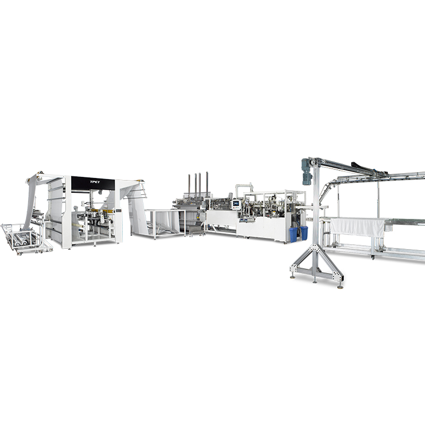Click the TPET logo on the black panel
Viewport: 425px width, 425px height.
(x=95, y=182)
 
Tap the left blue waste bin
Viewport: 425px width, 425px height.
(x=293, y=235)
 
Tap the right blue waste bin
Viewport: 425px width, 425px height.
(x=304, y=233)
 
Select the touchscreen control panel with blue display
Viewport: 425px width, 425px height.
(x=235, y=204)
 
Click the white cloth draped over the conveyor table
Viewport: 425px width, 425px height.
(x=357, y=227)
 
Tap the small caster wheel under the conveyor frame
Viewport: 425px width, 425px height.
(x=373, y=258)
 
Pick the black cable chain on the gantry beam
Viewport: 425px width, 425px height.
(x=363, y=167)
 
